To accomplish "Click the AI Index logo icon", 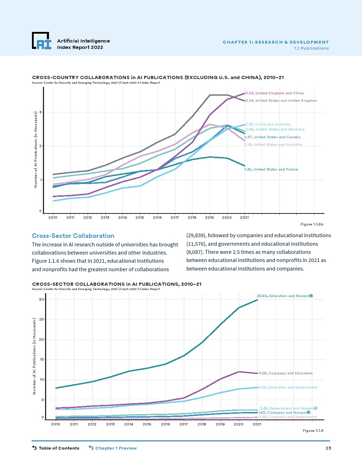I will pos(42,41).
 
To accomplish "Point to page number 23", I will pos(328,448).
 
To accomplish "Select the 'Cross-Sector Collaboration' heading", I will pos(73,236).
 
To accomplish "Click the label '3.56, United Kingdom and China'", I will pos(275,93).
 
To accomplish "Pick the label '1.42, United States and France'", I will pos(271,169).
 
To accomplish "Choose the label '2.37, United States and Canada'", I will pos(272,137).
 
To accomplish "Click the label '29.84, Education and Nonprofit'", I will pos(285,296).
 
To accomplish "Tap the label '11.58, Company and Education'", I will pos(285,373).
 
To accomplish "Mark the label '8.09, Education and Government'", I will pos(288,388).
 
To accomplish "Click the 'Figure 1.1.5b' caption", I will pos(312,224).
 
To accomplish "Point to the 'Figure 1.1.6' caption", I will pos(313,431).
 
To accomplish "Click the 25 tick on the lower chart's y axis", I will pos(41,319).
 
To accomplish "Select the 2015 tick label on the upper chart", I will pos(140,218).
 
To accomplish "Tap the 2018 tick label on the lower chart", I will pos(202,424).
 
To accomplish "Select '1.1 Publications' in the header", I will pos(311,48).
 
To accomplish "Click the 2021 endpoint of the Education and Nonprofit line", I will pos(257,300).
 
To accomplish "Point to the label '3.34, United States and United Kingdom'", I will pos(281,101).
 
